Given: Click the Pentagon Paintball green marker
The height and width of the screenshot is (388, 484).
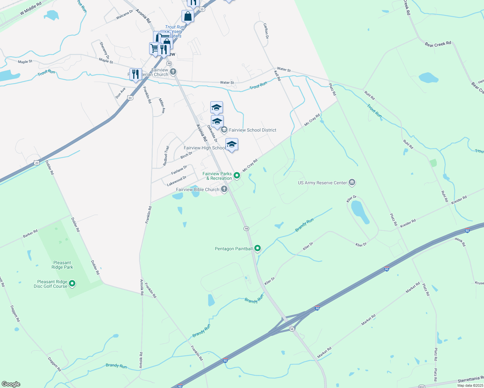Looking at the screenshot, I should click(x=258, y=248).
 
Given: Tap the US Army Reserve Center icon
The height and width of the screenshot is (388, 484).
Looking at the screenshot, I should click(x=352, y=183).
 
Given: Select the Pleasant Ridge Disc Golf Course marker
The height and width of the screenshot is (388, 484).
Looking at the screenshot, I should click(x=72, y=284).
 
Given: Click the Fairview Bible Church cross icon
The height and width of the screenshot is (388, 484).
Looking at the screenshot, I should click(x=224, y=189).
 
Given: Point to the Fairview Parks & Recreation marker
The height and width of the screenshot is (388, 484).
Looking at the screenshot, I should click(x=237, y=176).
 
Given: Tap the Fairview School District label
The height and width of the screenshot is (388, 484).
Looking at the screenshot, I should click(x=253, y=130).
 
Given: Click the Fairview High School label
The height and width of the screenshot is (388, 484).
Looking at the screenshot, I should click(x=204, y=148).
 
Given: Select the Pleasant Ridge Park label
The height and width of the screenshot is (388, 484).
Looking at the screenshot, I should click(x=62, y=265).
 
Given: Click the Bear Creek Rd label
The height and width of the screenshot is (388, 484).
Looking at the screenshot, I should click(x=438, y=44).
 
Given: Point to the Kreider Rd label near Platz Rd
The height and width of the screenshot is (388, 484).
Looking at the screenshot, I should click(x=408, y=223).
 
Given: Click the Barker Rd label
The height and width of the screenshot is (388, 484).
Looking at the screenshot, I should click(x=30, y=234).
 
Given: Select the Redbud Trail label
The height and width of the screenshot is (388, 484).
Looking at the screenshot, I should click(x=166, y=156).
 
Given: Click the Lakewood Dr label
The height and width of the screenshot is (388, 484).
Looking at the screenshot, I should click(x=177, y=181).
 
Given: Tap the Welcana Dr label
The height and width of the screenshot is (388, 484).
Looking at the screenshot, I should click(x=125, y=15).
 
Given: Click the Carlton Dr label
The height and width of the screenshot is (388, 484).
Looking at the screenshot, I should click(x=266, y=31).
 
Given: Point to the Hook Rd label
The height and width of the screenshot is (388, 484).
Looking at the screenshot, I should click(x=460, y=242).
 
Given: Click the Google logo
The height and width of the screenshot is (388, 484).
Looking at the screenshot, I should click(x=11, y=384).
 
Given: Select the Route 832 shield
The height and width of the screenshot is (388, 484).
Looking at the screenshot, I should click(x=422, y=386).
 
